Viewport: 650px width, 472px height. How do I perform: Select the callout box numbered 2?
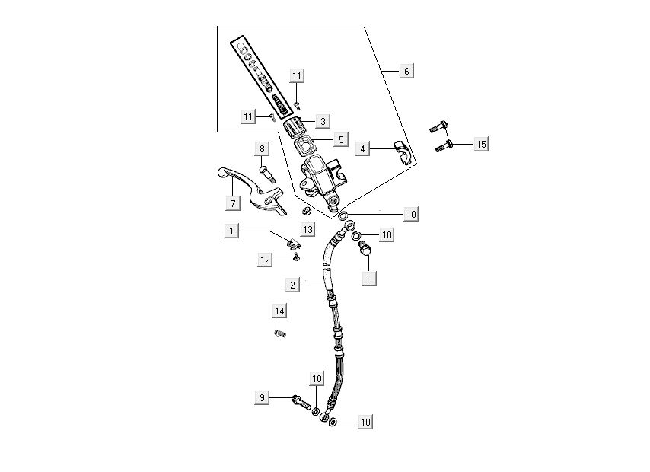[x=292, y=285]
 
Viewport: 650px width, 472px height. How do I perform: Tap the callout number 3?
[x=323, y=120]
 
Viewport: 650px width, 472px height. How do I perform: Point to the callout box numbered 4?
[x=364, y=149]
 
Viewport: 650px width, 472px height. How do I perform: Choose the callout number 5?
[x=341, y=140]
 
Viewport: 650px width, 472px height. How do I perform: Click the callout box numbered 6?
[x=406, y=71]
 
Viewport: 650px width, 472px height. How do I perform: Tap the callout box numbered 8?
[x=262, y=149]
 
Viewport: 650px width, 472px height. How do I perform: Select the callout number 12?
[x=266, y=260]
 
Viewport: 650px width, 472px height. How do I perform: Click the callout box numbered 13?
[x=307, y=230]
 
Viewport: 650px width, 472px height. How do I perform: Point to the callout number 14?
[x=280, y=311]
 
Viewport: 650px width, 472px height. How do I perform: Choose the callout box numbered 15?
[x=480, y=144]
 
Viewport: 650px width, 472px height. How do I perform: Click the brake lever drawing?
[x=251, y=193]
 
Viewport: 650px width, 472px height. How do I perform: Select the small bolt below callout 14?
[x=279, y=332]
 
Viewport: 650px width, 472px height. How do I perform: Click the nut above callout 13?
[x=307, y=211]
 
